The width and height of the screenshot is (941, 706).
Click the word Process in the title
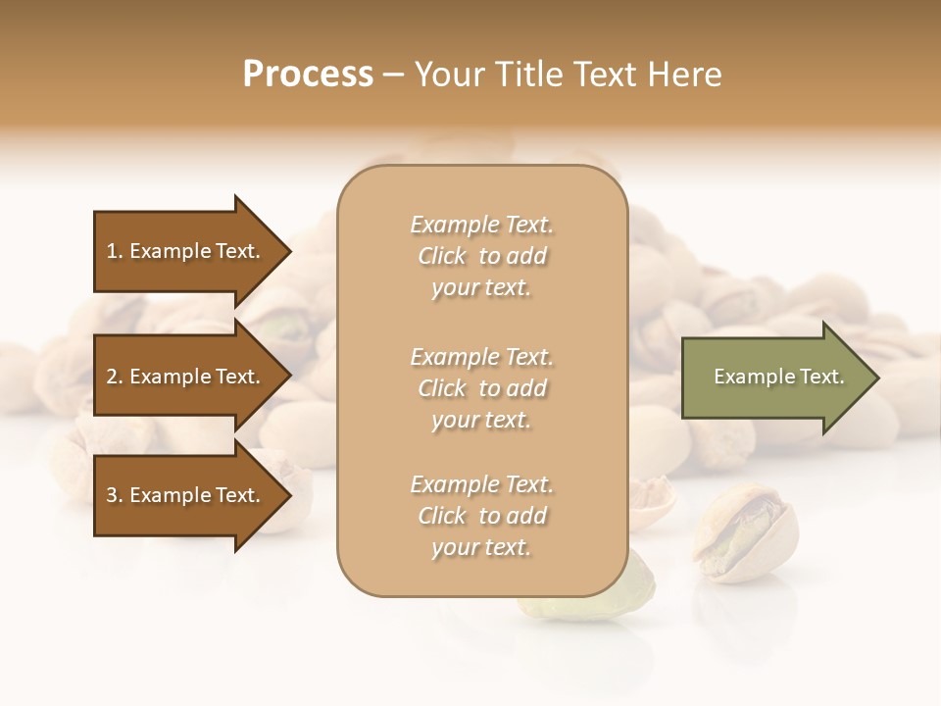(308, 75)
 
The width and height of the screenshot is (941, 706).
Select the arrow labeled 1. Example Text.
(186, 251)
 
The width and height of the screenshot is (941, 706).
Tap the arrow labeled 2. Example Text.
(186, 377)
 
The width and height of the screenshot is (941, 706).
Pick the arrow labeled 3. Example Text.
(186, 495)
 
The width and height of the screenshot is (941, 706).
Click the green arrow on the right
(774, 378)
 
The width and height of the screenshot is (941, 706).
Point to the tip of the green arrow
(877, 378)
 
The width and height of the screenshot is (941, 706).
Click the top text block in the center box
(481, 256)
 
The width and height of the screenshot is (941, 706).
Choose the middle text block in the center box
(481, 388)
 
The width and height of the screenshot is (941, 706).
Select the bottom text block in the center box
(481, 516)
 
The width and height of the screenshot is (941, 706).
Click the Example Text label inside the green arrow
(778, 377)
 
